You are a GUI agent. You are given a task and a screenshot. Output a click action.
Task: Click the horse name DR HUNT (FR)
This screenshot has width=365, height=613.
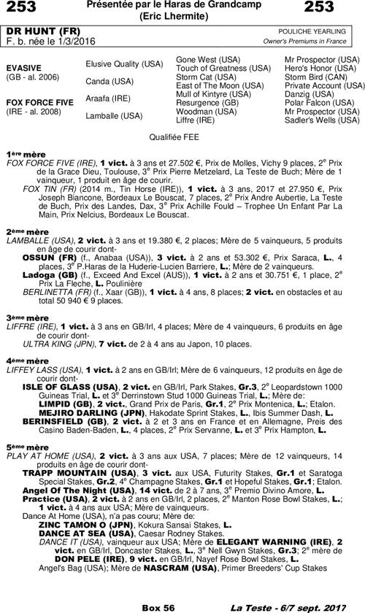pos(34,32)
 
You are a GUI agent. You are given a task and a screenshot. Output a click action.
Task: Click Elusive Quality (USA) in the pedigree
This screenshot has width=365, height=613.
pos(124,64)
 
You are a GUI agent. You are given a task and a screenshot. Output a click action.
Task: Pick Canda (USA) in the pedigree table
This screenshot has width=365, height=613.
pos(109,81)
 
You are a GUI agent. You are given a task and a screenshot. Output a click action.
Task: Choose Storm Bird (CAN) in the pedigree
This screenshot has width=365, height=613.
pos(318,76)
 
